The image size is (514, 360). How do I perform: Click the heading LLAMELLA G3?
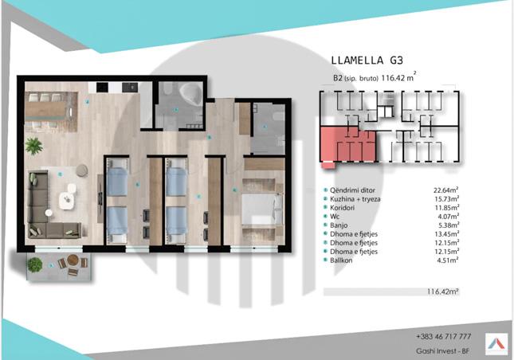coord(367,61)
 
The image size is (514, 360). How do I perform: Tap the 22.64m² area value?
coord(445,190)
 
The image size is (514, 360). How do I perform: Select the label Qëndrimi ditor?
coord(352,190)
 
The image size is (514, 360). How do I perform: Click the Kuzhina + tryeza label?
coord(355,199)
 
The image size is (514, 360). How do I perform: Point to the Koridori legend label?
coord(342,208)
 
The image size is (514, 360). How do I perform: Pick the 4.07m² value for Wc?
coord(449,216)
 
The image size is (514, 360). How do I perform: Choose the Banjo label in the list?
coord(339,225)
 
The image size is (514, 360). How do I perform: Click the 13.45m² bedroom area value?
coord(446,234)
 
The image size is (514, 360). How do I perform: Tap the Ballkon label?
coord(341,260)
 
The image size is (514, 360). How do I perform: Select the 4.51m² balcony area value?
coord(448,260)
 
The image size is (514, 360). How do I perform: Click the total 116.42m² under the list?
coord(442,292)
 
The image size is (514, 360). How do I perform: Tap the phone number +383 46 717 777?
coord(444,336)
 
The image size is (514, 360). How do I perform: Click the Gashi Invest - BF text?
coord(442,351)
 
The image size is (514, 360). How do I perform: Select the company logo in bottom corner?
coord(496,344)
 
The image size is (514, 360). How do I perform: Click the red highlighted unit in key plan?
coord(347,145)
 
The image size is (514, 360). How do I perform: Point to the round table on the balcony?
coord(73,260)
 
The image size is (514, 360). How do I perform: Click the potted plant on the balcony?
coord(35,264)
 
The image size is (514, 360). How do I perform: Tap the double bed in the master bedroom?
coord(262,209)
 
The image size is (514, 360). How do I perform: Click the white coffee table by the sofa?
coord(67,201)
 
